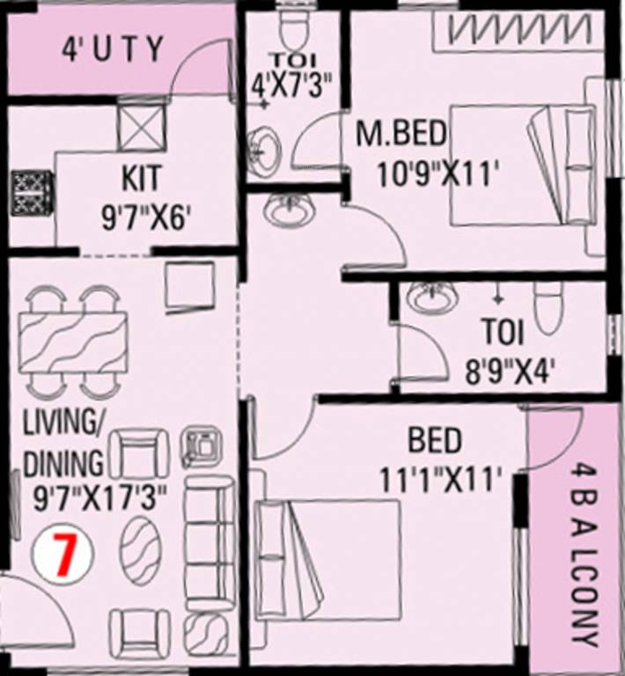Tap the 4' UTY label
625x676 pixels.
coord(113,48)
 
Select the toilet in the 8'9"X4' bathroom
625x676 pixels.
coord(547,307)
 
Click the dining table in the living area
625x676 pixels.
coord(72,340)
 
